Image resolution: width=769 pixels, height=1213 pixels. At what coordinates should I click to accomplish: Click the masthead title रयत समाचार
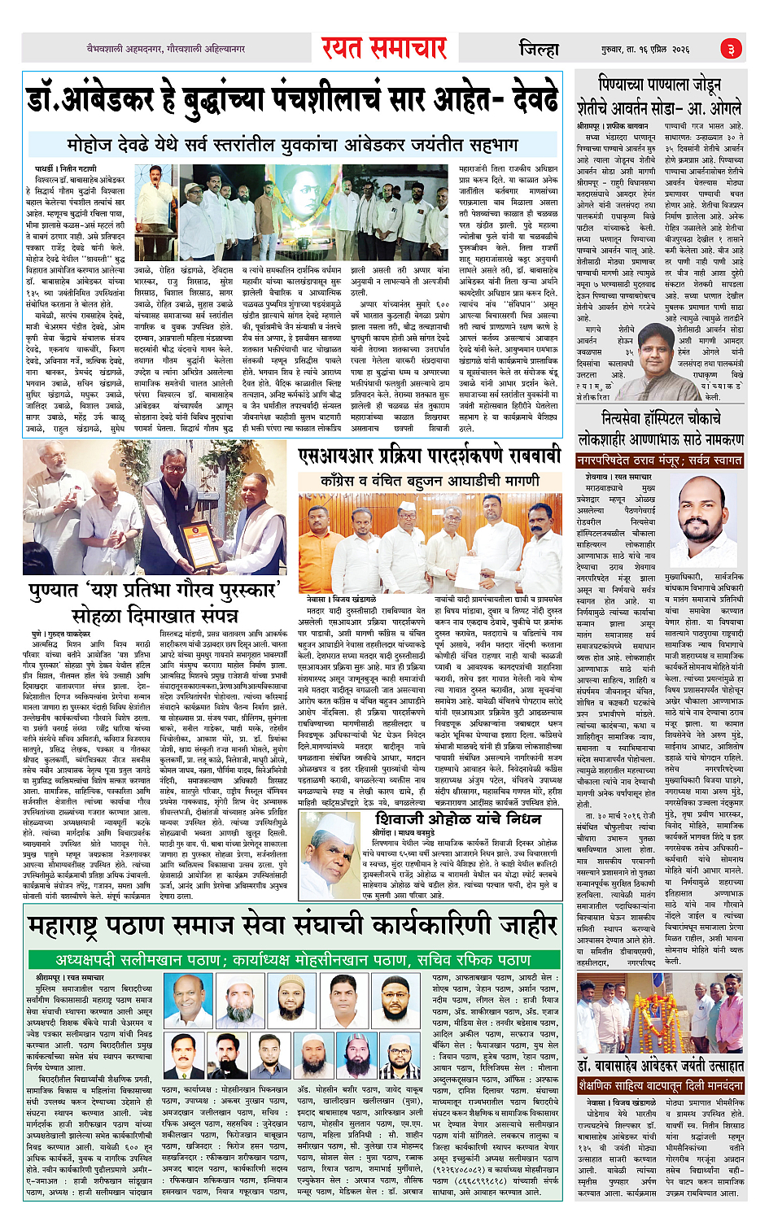tap(383, 49)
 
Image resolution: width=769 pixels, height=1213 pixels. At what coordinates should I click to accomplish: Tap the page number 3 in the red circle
tap(731, 49)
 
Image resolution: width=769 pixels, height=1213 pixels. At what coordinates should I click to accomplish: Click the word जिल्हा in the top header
tap(539, 50)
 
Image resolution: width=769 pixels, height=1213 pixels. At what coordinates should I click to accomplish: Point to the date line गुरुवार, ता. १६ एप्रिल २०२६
tap(646, 50)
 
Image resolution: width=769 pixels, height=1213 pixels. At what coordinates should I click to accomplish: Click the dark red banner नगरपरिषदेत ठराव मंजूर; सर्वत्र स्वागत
tap(659, 460)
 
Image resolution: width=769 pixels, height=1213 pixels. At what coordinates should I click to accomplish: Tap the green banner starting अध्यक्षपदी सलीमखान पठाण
tap(292, 959)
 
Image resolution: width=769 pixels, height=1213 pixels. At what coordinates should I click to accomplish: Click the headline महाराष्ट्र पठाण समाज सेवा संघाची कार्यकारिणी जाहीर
tap(292, 925)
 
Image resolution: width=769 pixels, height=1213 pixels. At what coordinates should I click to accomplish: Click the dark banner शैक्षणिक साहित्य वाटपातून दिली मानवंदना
tap(659, 1086)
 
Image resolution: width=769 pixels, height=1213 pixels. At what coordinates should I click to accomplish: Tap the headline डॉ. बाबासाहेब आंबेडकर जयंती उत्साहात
tap(659, 1065)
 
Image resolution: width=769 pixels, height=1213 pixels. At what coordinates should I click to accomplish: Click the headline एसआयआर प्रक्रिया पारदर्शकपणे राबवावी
tap(429, 455)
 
